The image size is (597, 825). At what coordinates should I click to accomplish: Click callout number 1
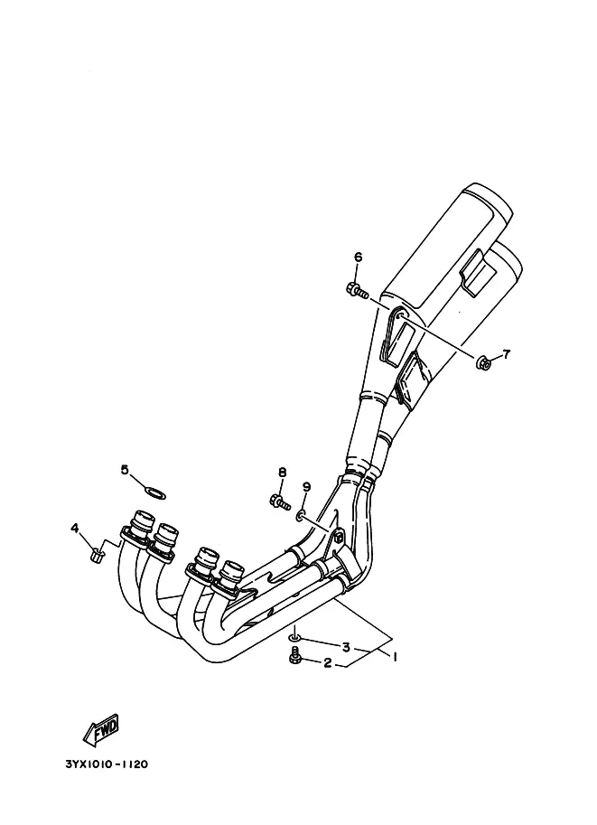pyautogui.click(x=394, y=656)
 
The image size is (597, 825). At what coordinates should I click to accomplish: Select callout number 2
pyautogui.click(x=328, y=663)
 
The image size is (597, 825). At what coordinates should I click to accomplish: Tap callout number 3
pyautogui.click(x=346, y=647)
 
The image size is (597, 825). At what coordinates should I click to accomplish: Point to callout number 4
pyautogui.click(x=75, y=527)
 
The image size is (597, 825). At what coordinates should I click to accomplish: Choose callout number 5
pyautogui.click(x=125, y=469)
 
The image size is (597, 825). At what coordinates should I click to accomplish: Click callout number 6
pyautogui.click(x=358, y=257)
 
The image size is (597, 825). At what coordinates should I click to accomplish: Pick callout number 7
pyautogui.click(x=506, y=354)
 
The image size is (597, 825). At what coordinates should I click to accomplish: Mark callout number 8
pyautogui.click(x=283, y=472)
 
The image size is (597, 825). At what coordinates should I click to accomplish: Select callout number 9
pyautogui.click(x=307, y=486)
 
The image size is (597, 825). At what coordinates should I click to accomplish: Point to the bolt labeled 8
pyautogui.click(x=279, y=502)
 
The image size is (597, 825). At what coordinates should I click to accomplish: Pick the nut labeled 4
pyautogui.click(x=97, y=554)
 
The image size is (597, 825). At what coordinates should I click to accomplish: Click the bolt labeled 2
pyautogui.click(x=294, y=656)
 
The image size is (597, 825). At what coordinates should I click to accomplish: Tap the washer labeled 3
pyautogui.click(x=295, y=638)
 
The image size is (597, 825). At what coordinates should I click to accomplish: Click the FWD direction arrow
pyautogui.click(x=101, y=731)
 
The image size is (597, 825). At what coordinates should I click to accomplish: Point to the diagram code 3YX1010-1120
pyautogui.click(x=107, y=764)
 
